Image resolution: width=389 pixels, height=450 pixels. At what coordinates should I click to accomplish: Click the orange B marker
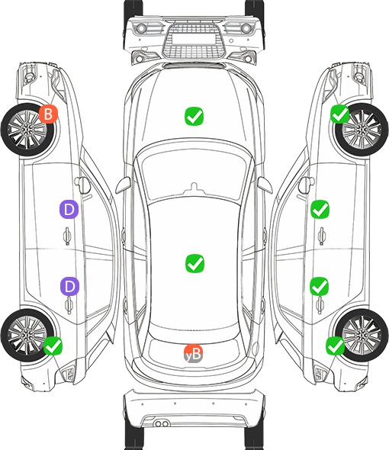(x=49, y=114)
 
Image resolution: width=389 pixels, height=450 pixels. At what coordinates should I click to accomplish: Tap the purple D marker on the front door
(x=69, y=210)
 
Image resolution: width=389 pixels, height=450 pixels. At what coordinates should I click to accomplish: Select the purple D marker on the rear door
(x=69, y=286)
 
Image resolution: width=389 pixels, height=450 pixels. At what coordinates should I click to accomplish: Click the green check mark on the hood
(x=194, y=116)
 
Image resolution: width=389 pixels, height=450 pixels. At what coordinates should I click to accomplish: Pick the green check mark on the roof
(x=194, y=263)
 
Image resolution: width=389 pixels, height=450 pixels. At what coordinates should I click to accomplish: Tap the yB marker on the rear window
(x=193, y=354)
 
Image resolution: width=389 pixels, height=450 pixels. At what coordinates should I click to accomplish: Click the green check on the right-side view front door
(x=320, y=210)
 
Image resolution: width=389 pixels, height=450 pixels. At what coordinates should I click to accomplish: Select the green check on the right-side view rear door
(x=320, y=286)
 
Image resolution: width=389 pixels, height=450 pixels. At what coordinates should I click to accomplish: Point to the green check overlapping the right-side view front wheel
(x=340, y=114)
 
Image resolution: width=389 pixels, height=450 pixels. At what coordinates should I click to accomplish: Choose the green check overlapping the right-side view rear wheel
(x=336, y=346)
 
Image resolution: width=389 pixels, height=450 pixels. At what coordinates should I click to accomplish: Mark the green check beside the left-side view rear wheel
(x=53, y=346)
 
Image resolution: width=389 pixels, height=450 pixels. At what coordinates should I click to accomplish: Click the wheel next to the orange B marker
(x=27, y=130)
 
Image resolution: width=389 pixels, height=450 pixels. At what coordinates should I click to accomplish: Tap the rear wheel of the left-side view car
(x=27, y=335)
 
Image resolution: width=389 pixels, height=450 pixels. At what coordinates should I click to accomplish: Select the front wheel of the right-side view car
(x=362, y=130)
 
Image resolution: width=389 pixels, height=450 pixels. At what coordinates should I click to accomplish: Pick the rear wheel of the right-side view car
(x=362, y=335)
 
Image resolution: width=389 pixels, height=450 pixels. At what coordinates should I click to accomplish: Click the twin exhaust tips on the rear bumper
(x=162, y=423)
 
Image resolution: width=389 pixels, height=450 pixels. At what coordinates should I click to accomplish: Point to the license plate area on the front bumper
(x=194, y=39)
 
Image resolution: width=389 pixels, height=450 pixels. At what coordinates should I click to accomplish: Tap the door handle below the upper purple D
(x=67, y=236)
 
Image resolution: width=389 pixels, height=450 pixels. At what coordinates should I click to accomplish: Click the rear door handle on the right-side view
(x=320, y=305)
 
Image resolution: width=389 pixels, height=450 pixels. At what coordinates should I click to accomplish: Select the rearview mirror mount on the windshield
(x=194, y=188)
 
